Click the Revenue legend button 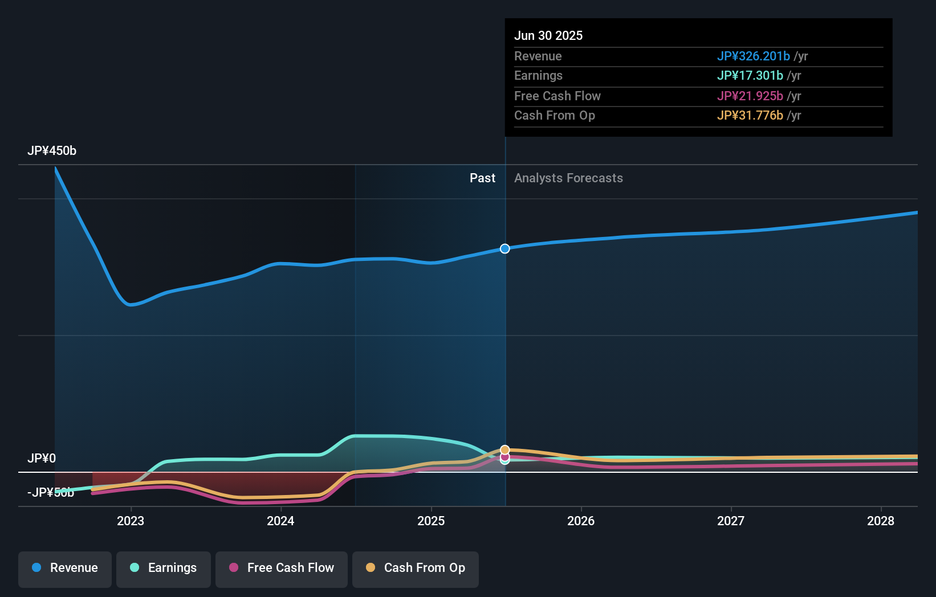tap(65, 569)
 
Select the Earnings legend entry tap(164, 569)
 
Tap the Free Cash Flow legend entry tap(282, 569)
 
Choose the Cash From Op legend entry tap(416, 569)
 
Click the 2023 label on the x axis tap(131, 521)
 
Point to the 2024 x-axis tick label tap(280, 521)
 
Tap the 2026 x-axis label tap(581, 521)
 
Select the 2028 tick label tap(881, 521)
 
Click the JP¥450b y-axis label tap(52, 151)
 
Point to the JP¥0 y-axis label tap(42, 459)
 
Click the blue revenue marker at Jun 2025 tap(505, 249)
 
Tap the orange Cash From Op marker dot tap(505, 450)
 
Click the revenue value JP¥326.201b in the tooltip tap(753, 56)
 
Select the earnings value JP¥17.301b tap(750, 76)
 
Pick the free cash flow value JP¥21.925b tap(750, 96)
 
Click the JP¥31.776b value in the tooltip tap(750, 116)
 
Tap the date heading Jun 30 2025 tap(548, 36)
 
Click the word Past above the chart tap(482, 178)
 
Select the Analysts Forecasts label tap(568, 178)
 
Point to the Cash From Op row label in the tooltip tap(555, 116)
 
